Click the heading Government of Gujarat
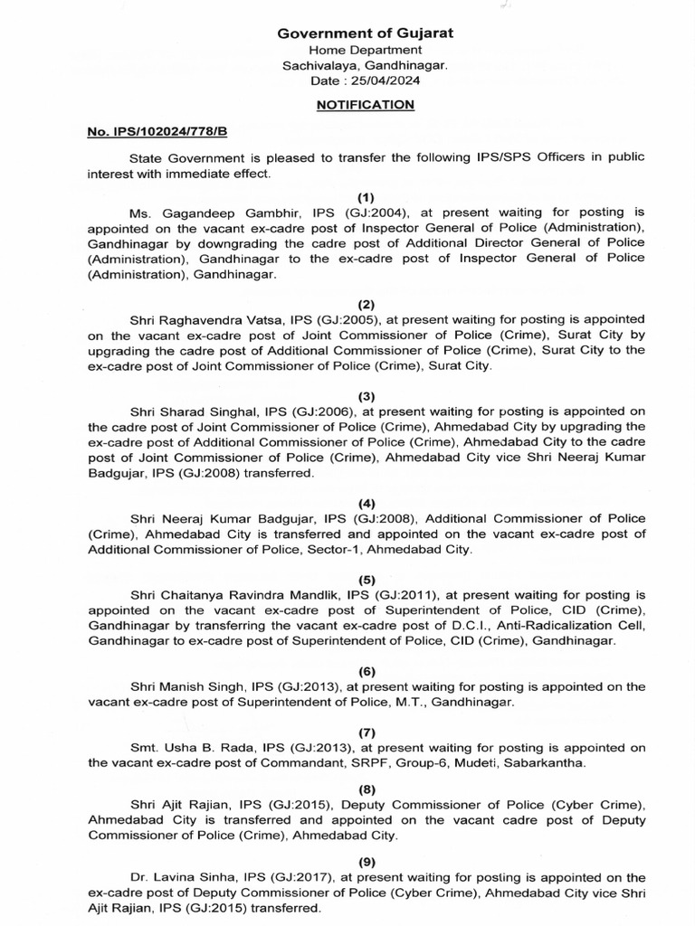366,33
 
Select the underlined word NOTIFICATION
366,105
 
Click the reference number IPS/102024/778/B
162,132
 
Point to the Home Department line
366,50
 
